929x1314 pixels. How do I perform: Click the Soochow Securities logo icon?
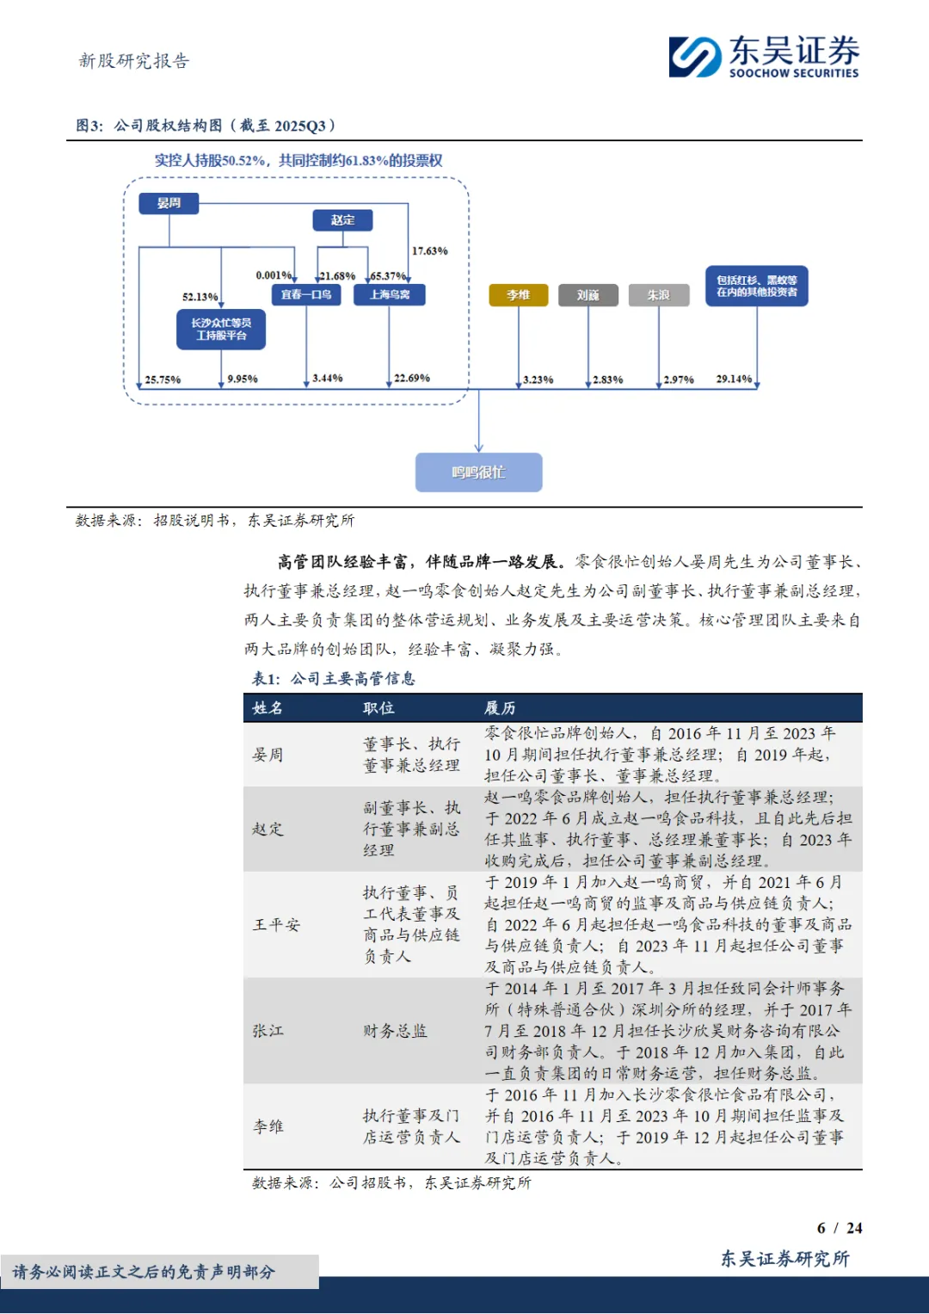(x=695, y=57)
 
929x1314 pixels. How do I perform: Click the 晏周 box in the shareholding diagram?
(x=169, y=203)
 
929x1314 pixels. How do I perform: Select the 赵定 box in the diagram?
(x=342, y=220)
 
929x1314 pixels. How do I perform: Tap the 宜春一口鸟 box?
(x=306, y=294)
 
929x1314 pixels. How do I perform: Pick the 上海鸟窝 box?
(x=390, y=294)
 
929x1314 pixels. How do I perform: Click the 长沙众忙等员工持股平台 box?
(x=221, y=330)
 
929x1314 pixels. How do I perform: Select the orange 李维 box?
(x=518, y=295)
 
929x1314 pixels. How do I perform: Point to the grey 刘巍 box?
(x=588, y=295)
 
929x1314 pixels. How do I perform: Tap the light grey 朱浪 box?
(x=659, y=295)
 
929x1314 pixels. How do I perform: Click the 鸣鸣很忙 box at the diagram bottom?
(x=478, y=472)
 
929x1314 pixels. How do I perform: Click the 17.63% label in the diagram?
(x=429, y=251)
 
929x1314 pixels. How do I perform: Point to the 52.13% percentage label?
(x=200, y=297)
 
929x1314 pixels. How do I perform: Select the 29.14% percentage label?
(x=734, y=379)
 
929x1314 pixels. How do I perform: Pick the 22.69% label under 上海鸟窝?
(x=412, y=378)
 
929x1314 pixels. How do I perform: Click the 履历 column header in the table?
(x=500, y=707)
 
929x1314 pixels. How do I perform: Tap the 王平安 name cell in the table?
(x=276, y=925)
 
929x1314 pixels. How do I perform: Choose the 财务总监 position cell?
(x=395, y=1031)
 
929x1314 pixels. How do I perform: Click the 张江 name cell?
(x=268, y=1031)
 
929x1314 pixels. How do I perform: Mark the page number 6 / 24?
(x=839, y=1228)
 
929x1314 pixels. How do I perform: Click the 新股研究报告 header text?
(x=133, y=61)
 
